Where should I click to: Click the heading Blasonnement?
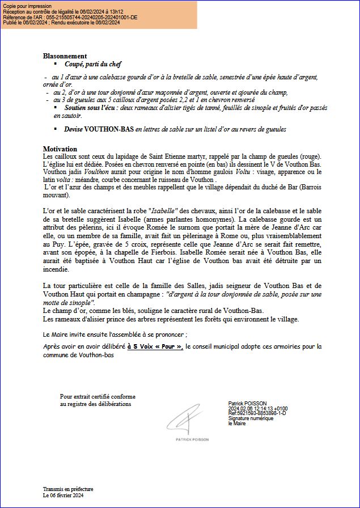(x=65, y=56)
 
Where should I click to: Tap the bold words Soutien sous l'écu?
(x=91, y=107)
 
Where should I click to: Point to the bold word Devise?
(x=73, y=129)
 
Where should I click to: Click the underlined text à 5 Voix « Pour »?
(x=155, y=346)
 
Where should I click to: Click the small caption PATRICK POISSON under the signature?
(x=192, y=439)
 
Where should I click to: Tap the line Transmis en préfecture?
(x=68, y=489)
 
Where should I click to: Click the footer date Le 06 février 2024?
(x=63, y=495)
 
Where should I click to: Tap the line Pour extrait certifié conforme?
(x=98, y=396)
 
